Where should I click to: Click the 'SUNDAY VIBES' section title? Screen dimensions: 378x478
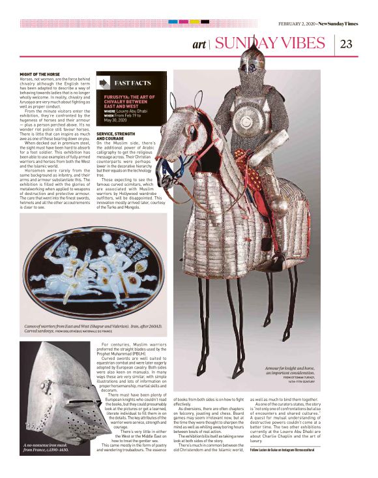coord(270,44)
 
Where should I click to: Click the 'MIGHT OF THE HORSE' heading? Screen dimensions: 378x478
coord(36,74)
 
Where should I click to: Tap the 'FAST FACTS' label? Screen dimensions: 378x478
coord(134,83)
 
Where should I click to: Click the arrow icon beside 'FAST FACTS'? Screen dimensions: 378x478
coord(104,83)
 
